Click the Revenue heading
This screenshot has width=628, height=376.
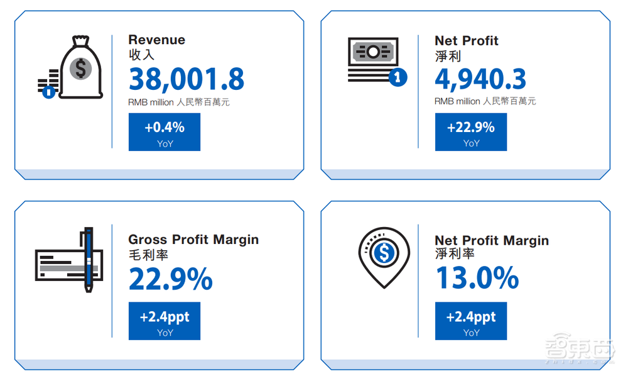point(157,40)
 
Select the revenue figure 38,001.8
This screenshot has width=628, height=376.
point(187,79)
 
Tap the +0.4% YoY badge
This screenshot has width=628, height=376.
point(165,132)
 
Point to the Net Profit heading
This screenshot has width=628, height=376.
point(467,41)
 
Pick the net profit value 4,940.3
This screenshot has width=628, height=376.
point(481,79)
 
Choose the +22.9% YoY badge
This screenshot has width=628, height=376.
point(471,132)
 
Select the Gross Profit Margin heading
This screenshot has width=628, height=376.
point(193,240)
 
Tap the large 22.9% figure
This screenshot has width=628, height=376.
point(171,279)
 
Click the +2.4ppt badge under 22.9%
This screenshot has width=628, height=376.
point(165,321)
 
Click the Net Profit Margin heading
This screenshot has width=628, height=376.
point(492,240)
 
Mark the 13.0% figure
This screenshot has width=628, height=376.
point(477,279)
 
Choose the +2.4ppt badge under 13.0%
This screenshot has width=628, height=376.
point(471,321)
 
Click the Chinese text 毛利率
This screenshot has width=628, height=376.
point(148,255)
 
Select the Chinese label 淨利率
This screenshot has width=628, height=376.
point(455,255)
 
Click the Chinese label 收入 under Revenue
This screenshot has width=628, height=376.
point(141,55)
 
